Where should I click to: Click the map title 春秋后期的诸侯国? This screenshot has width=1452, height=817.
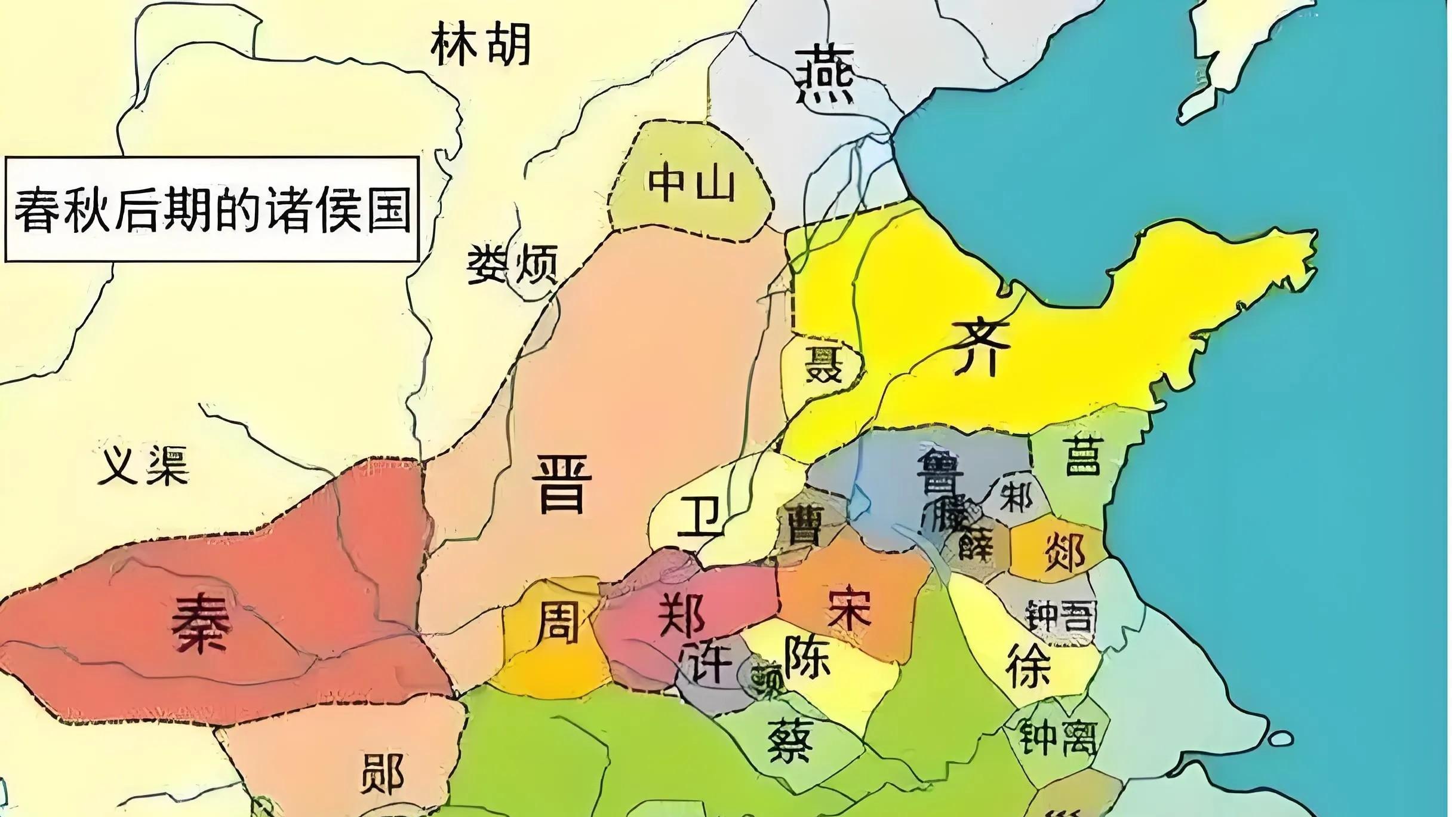pos(212,210)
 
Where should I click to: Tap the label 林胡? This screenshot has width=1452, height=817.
pos(481,45)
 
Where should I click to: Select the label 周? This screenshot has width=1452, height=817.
pos(558,622)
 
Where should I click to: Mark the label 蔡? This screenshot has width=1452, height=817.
pos(789,741)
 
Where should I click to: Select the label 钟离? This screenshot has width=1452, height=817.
pos(1057,738)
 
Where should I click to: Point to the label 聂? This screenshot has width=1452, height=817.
pos(823,364)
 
